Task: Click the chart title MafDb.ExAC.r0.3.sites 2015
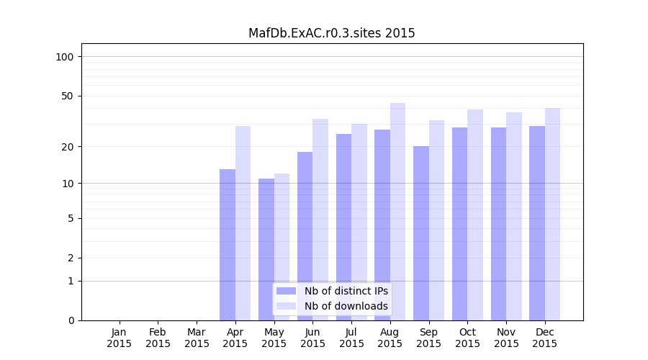coord(331,33)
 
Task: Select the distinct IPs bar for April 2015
coord(228,245)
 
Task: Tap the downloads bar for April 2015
coord(243,223)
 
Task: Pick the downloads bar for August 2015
coord(397,212)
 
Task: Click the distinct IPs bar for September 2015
coord(421,233)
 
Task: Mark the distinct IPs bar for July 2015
coord(343,227)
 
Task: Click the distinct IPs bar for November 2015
coord(498,224)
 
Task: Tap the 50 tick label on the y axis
coord(68,96)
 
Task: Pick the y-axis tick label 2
coord(71,258)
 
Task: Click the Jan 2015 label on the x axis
coord(120,338)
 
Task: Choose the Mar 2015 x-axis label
coord(197,338)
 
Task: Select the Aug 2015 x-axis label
coord(390,338)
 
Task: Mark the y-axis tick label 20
coord(68,147)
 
